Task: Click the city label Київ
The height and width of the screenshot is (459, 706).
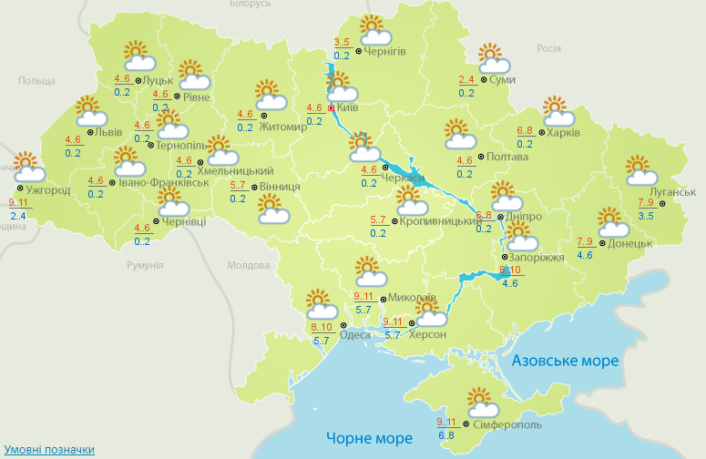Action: [348, 107]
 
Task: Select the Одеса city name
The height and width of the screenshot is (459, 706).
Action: [355, 334]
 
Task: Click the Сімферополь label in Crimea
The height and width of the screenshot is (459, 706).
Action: [506, 425]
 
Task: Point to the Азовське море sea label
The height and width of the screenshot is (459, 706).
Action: [565, 362]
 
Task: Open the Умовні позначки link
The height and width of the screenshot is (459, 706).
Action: [49, 450]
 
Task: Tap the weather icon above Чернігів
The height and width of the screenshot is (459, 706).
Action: [373, 30]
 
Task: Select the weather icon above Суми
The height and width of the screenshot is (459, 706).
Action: [493, 60]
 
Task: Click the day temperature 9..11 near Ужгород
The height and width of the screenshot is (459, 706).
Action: [17, 203]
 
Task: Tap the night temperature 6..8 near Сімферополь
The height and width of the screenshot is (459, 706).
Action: [446, 435]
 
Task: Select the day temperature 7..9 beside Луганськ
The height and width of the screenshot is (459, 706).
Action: [646, 202]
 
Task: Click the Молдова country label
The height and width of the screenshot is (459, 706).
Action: [248, 266]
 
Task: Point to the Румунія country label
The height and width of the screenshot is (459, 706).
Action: [145, 265]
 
